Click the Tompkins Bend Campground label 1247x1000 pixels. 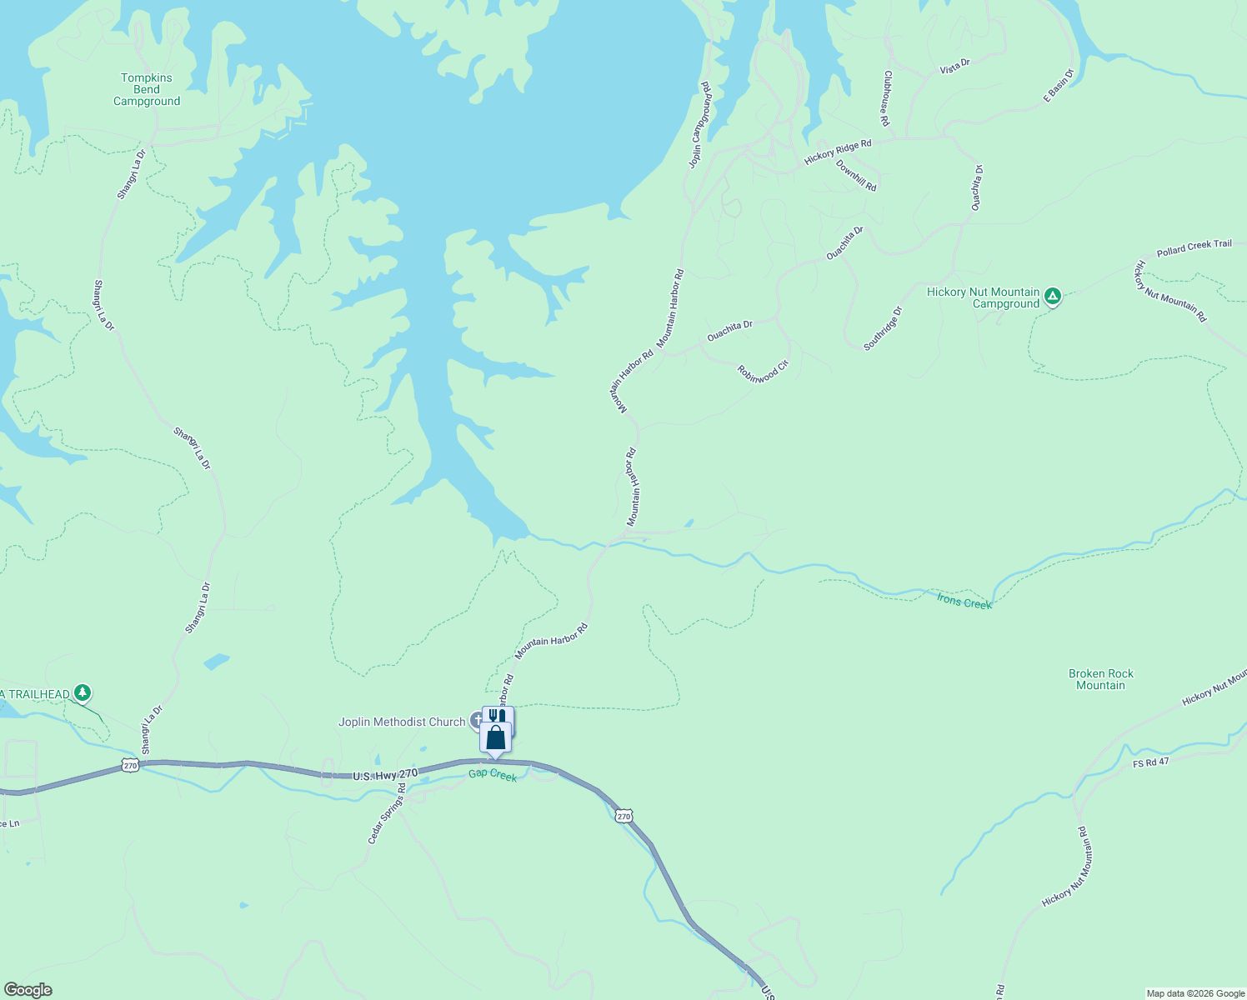147,89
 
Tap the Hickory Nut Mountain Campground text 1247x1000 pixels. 984,298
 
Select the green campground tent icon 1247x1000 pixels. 1053,296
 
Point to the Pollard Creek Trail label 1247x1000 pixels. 1194,248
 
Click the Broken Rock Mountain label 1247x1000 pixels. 1101,679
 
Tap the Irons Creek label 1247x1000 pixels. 964,602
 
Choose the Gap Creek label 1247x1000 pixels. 493,775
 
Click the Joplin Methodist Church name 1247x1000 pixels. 402,722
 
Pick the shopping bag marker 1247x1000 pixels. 496,738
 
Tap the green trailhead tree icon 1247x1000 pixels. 82,692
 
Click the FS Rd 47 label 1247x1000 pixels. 1151,762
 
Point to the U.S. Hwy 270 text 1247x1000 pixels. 385,776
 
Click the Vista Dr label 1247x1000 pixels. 955,67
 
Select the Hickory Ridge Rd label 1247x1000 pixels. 838,152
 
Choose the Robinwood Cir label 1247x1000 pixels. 763,372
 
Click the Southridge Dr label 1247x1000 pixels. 883,328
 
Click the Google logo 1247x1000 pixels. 28,990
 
